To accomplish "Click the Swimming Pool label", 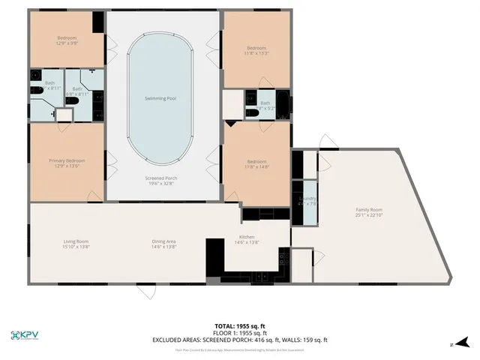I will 160,98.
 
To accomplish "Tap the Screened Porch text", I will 160,178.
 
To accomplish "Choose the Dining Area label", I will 163,241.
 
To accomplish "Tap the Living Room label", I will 76,241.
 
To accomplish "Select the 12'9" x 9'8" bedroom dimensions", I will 68,43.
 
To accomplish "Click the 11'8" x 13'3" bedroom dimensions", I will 256,53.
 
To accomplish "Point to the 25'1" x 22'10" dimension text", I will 368,215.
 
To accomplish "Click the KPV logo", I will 27,335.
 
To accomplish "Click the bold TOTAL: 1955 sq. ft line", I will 240,325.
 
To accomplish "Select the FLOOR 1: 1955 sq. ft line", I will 240,333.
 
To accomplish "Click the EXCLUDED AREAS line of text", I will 240,340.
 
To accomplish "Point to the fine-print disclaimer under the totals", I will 240,349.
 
